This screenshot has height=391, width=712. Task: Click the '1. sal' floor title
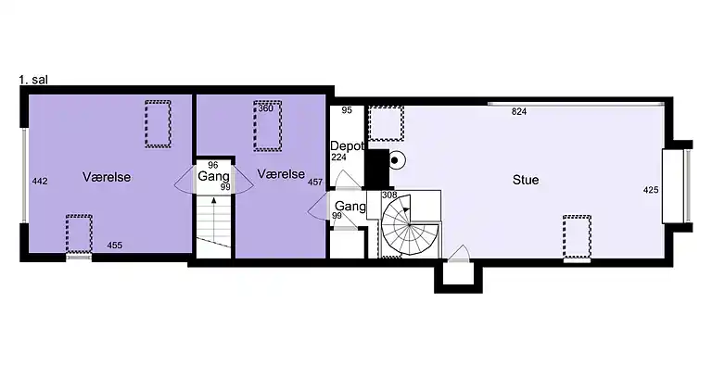33,80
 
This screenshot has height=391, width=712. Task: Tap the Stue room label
526,180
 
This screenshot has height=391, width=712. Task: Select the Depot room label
347,146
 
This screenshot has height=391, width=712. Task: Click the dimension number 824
519,111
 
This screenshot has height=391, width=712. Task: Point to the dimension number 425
651,190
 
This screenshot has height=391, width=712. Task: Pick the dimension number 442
40,182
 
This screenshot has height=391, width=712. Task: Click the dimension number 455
114,246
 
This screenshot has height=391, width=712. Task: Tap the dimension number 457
315,182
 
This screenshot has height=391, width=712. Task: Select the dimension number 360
266,108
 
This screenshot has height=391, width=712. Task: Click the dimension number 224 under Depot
338,158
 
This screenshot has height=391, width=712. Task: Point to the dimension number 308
389,195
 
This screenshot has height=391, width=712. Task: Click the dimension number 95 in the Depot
347,110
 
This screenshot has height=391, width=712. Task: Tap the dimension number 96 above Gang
212,166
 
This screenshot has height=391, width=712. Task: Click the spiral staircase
410,225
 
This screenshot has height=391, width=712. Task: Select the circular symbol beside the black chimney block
395,160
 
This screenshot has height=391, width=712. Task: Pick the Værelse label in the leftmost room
107,177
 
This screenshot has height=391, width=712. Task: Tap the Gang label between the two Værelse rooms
213,176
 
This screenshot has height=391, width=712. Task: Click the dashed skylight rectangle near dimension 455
79,234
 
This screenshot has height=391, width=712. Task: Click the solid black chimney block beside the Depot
378,169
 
